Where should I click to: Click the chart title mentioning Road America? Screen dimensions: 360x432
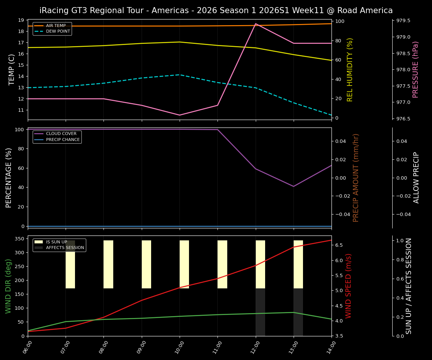pyautogui.click(x=216, y=10)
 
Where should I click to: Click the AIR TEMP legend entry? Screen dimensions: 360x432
pyautogui.click(x=55, y=25)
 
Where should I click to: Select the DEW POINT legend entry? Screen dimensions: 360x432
pyautogui.click(x=58, y=31)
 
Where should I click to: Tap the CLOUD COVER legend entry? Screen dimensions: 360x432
pyautogui.click(x=61, y=133)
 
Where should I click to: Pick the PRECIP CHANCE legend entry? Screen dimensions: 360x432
pyautogui.click(x=63, y=140)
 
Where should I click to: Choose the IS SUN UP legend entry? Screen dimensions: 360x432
pyautogui.click(x=56, y=242)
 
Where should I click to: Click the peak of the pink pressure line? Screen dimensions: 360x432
pyautogui.click(x=256, y=24)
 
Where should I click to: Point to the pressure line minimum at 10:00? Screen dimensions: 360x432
pyautogui.click(x=180, y=115)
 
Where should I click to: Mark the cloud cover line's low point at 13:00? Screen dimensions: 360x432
pyautogui.click(x=294, y=186)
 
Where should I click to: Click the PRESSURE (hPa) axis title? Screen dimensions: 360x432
pyautogui.click(x=415, y=69)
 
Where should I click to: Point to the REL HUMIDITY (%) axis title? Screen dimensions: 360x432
pyautogui.click(x=350, y=69)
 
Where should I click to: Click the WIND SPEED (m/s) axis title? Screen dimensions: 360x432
pyautogui.click(x=349, y=286)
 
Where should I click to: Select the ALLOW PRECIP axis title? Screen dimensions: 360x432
pyautogui.click(x=417, y=178)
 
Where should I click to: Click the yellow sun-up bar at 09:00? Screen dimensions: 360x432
pyautogui.click(x=146, y=264)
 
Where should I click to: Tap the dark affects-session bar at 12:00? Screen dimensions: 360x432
pyautogui.click(x=260, y=312)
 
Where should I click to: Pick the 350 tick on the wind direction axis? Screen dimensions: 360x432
pyautogui.click(x=21, y=238)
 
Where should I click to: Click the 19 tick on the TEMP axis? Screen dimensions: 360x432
pyautogui.click(x=21, y=20)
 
